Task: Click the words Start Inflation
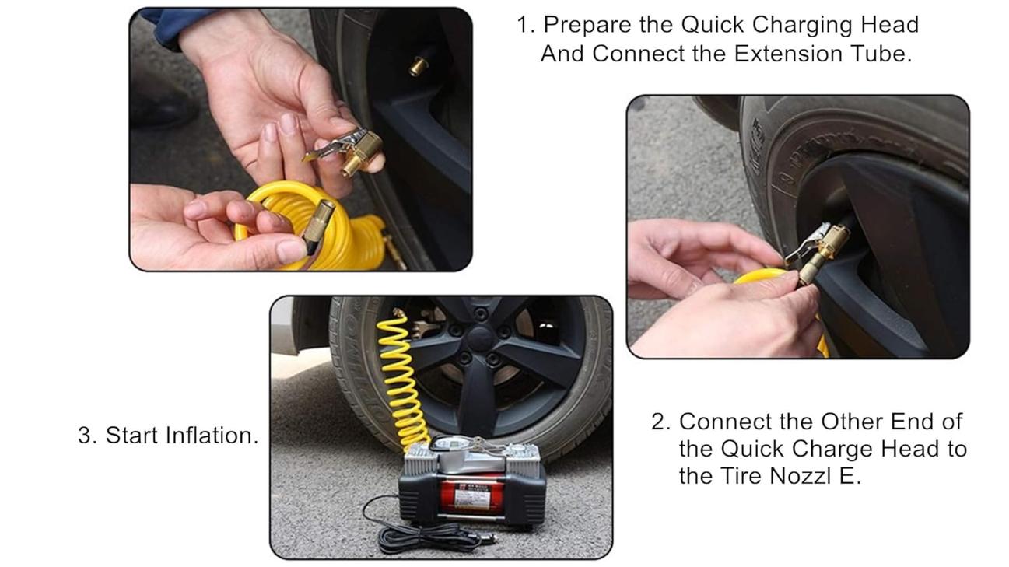click(x=180, y=436)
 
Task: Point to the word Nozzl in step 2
click(x=801, y=476)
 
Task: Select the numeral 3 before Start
click(x=86, y=436)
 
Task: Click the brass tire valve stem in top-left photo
click(x=419, y=66)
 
